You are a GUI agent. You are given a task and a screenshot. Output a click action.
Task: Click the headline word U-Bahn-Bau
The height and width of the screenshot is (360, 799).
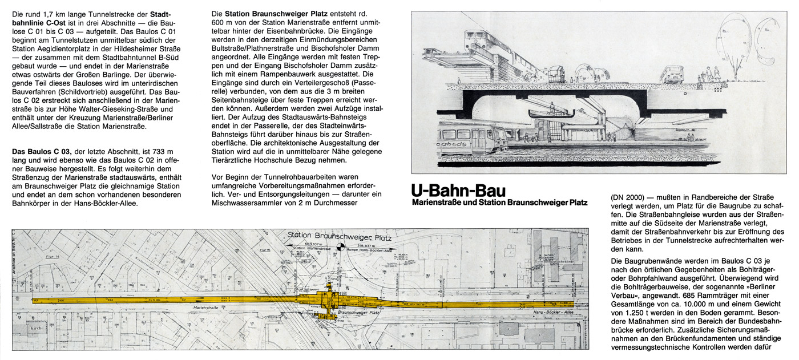(x=458, y=191)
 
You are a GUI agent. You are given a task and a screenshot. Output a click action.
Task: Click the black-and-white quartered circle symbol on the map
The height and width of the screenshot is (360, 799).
(x=341, y=247)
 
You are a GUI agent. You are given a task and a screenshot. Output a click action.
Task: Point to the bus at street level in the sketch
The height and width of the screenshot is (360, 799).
(x=672, y=74)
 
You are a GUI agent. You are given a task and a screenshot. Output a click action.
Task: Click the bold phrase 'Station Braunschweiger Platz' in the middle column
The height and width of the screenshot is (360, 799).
(x=276, y=13)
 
